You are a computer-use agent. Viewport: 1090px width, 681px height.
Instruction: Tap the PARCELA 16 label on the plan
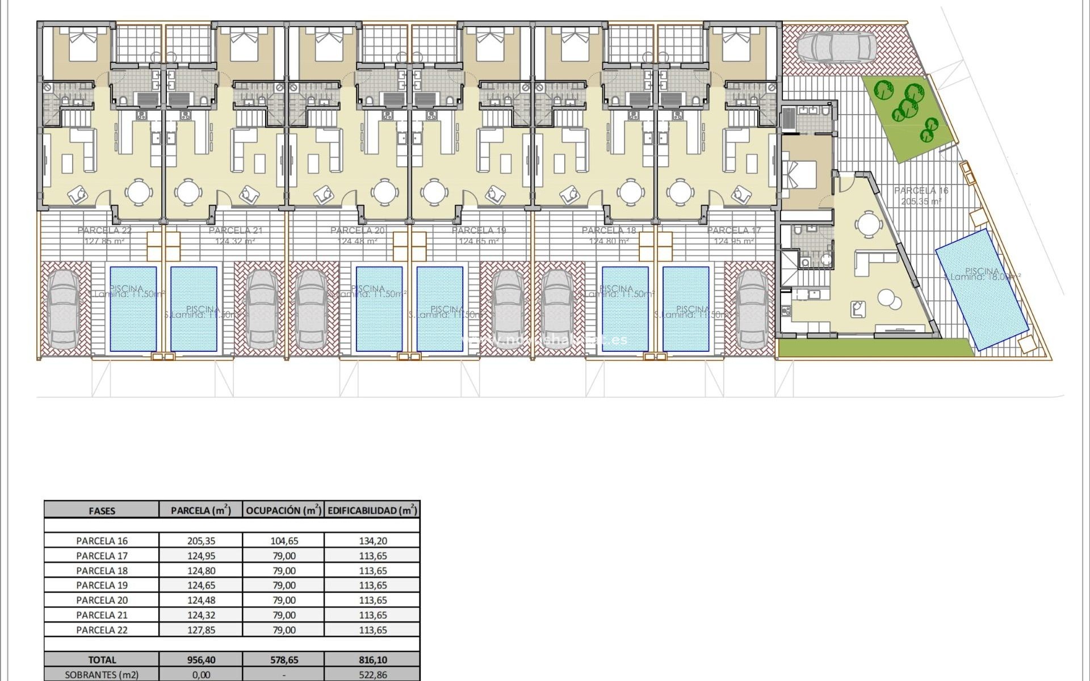(921, 191)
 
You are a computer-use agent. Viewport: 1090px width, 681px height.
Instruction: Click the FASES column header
(102, 510)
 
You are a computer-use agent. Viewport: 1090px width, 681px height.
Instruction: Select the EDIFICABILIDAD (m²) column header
(372, 510)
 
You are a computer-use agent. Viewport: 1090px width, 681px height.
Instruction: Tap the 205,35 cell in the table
(202, 541)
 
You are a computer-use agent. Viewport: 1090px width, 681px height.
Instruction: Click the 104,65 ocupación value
(284, 541)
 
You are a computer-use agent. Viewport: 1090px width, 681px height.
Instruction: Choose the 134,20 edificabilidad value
(373, 541)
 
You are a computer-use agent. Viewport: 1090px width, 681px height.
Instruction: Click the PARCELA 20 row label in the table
(102, 600)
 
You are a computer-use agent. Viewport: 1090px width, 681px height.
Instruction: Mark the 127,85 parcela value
(202, 629)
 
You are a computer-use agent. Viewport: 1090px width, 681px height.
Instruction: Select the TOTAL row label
(102, 660)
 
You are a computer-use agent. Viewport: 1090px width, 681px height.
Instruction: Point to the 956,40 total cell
(202, 660)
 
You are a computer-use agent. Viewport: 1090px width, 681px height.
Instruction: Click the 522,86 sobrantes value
(373, 675)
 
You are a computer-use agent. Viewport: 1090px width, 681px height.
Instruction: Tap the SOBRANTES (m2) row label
(102, 675)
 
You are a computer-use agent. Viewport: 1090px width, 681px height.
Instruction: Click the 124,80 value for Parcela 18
(202, 570)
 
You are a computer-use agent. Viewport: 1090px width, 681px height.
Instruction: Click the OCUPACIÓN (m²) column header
(284, 510)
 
